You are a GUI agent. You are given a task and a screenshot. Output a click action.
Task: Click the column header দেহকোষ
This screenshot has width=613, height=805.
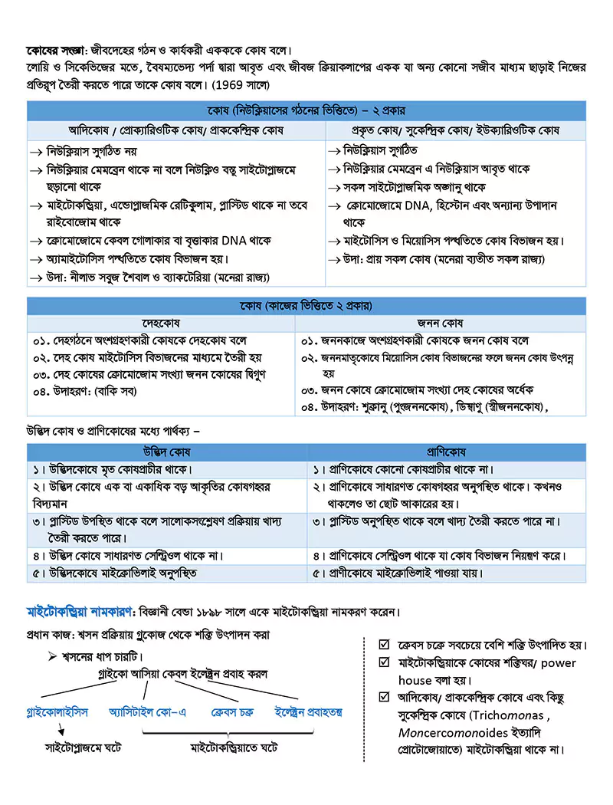tap(161, 324)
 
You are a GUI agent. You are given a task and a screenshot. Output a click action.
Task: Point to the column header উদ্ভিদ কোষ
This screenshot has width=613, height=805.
tap(167, 452)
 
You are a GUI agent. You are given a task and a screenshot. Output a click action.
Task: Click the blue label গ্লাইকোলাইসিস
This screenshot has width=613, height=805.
tap(57, 712)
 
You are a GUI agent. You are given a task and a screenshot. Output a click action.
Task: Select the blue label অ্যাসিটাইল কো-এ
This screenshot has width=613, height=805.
tap(148, 712)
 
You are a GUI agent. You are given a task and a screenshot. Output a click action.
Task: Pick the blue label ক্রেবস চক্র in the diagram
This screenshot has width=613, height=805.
tap(232, 712)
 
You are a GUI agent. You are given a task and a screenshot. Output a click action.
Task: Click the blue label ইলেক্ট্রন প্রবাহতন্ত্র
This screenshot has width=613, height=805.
tap(309, 712)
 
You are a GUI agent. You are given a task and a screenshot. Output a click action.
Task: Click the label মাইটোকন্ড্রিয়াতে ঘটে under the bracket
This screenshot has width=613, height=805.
tap(234, 745)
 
